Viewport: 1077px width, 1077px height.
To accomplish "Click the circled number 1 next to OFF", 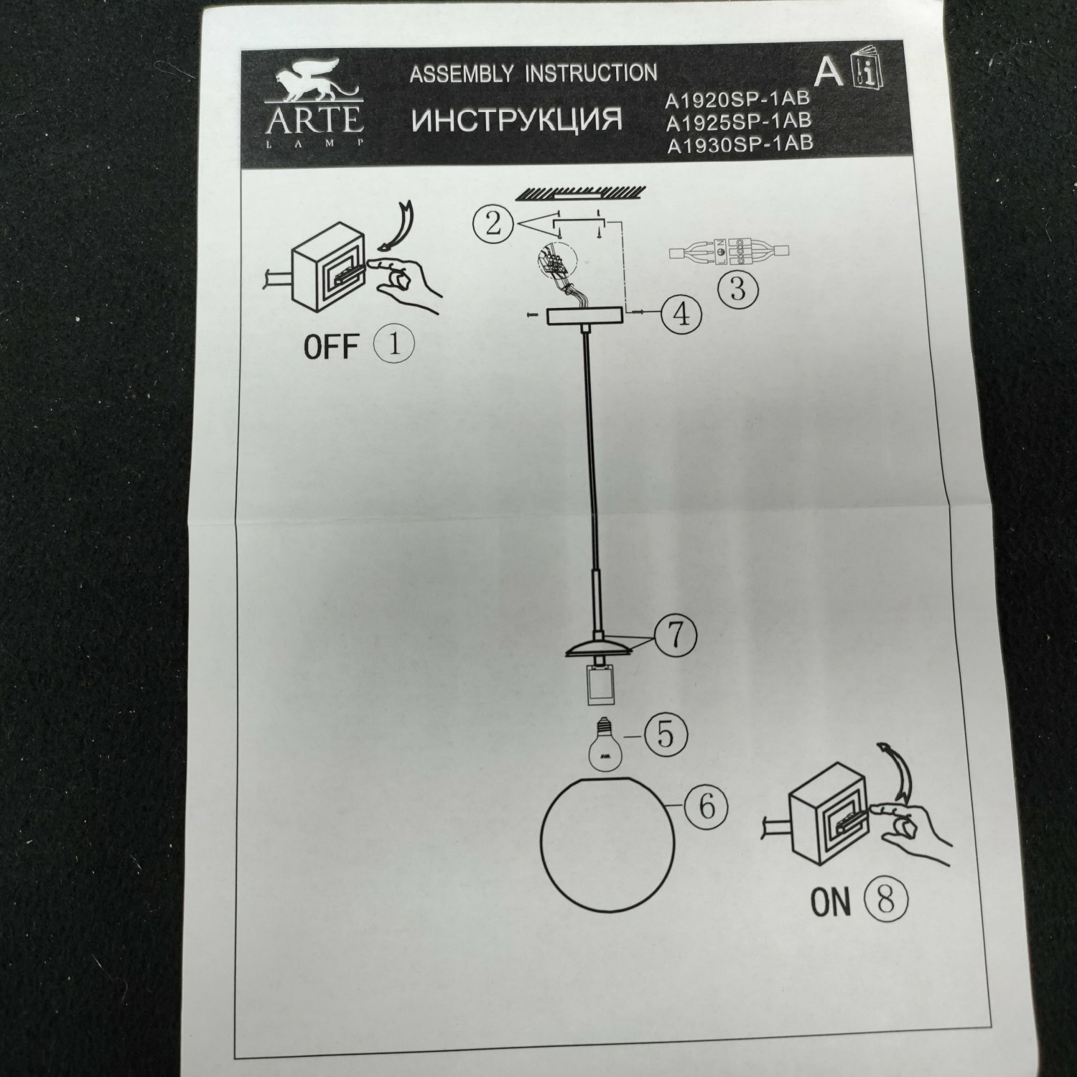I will [394, 345].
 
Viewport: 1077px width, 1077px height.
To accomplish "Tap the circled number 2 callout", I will [493, 224].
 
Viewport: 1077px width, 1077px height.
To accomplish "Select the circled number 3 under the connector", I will [738, 289].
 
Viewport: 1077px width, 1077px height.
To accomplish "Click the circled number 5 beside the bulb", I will [664, 734].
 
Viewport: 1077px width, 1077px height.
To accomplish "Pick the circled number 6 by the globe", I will [707, 806].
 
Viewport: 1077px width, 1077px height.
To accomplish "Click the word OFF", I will [330, 347].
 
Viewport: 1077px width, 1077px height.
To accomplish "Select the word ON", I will [830, 902].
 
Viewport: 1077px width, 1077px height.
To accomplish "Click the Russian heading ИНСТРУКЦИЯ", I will [517, 120].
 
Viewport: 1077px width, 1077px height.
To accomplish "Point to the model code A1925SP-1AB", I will [739, 121].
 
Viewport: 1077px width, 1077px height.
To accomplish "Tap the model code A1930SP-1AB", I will [740, 144].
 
